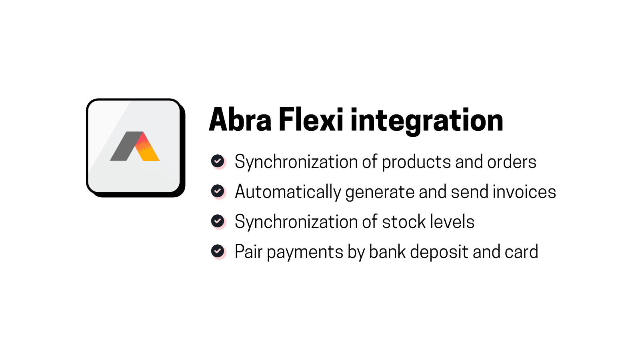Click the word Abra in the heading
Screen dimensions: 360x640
(240, 120)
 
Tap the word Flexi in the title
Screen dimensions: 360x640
(310, 120)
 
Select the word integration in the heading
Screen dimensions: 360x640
(426, 121)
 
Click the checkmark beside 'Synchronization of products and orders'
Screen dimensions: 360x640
(218, 161)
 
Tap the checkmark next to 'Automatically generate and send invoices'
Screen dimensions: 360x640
(218, 191)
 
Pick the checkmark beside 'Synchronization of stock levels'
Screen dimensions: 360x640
(218, 221)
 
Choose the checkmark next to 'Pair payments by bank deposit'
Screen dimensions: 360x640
(218, 251)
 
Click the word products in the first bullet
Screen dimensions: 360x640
(416, 162)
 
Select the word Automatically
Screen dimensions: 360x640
(288, 192)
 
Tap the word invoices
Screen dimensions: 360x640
(524, 192)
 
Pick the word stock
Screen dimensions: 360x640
(404, 222)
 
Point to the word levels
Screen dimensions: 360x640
(452, 222)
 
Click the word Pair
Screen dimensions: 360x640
(248, 252)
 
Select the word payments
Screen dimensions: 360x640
(305, 253)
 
